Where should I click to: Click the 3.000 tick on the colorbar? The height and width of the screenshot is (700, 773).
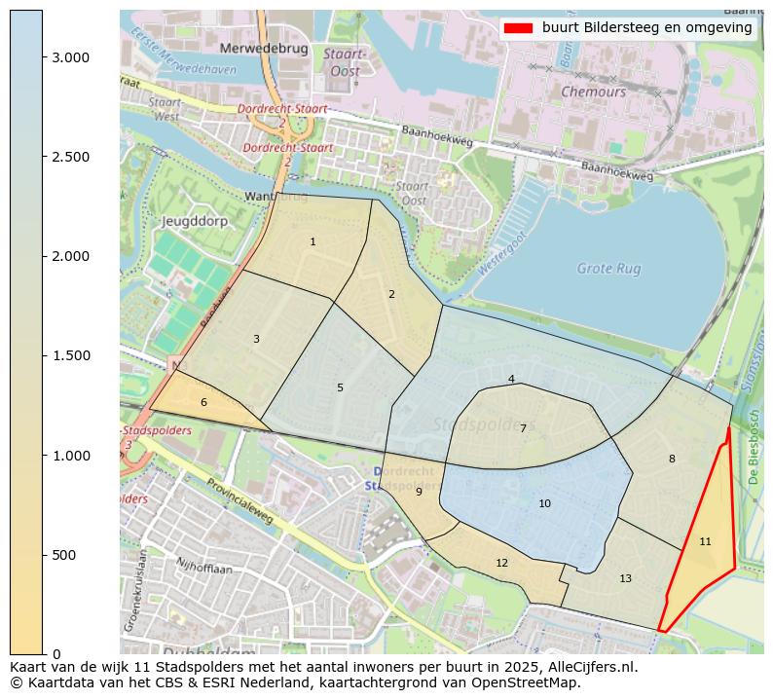(x=43, y=57)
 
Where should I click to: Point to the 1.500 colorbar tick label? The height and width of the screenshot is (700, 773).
(x=70, y=355)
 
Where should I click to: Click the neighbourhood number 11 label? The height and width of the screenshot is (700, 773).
(x=705, y=541)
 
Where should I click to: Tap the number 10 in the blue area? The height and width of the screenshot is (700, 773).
(x=544, y=503)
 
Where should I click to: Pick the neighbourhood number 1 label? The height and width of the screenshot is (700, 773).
(x=313, y=241)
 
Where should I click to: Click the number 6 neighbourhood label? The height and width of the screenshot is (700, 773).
(x=203, y=402)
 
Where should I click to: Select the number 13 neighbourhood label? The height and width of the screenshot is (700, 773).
(x=625, y=578)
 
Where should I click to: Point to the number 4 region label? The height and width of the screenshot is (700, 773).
(x=511, y=379)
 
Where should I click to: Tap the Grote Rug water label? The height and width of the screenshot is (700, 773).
(x=608, y=268)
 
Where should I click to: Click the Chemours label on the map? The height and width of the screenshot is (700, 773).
(x=593, y=92)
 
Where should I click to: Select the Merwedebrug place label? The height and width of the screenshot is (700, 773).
(x=264, y=48)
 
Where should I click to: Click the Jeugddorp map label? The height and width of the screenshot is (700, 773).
(x=187, y=221)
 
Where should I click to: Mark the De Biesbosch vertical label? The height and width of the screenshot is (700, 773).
(x=753, y=447)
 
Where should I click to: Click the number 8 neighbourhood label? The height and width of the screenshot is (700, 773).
(x=671, y=459)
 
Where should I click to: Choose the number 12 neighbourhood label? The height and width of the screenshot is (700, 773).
(x=501, y=563)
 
